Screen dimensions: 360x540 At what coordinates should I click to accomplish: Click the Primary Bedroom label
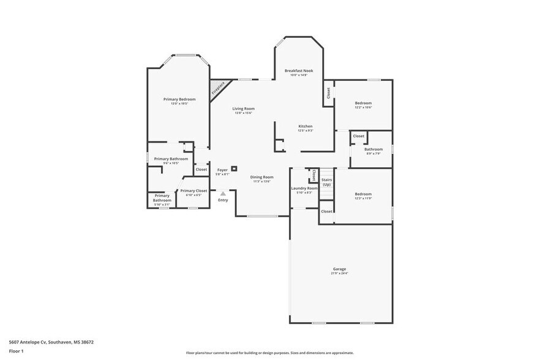coord(179,99)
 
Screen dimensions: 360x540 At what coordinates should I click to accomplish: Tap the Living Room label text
coord(243,108)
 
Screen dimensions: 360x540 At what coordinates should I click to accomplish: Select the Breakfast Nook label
coord(299,71)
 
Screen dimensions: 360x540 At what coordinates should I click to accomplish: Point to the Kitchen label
coord(306,126)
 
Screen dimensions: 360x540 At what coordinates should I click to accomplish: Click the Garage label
coord(339,269)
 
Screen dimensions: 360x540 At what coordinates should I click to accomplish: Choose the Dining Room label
coord(261,177)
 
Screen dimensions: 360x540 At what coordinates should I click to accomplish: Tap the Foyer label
coord(222,170)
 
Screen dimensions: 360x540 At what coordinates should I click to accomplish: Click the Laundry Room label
coord(304,188)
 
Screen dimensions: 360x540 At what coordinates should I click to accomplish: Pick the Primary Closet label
coord(193,190)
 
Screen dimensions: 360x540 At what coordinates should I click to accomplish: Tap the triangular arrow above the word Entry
coord(223,193)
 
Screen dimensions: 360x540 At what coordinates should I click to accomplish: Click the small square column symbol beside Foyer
coord(234,169)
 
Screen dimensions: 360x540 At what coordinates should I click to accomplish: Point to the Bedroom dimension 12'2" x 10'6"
coord(363,107)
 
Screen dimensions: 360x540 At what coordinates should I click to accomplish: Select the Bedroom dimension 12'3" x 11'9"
coord(363,198)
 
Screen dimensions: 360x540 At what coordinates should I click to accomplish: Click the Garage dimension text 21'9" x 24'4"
coord(339,273)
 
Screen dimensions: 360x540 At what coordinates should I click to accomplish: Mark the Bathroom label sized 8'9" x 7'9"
coord(373,149)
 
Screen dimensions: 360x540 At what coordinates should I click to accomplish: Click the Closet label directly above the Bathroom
coord(358,136)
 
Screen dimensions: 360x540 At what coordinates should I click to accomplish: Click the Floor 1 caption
coord(16,351)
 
